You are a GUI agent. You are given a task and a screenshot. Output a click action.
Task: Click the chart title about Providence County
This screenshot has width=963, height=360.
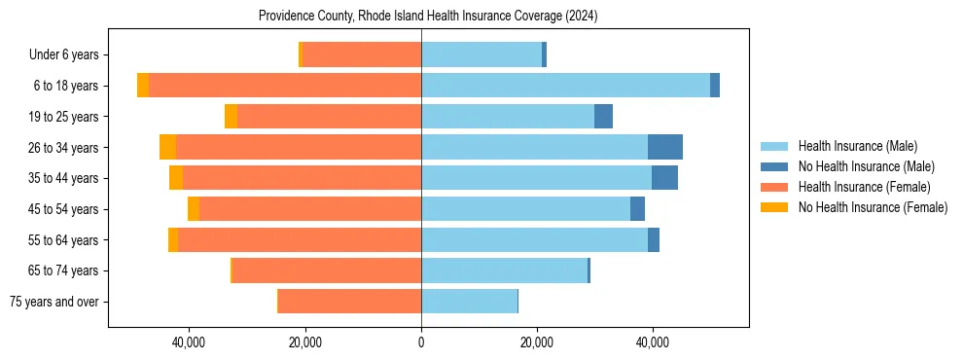click(428, 17)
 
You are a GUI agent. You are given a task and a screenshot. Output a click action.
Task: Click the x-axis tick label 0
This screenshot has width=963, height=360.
click(421, 342)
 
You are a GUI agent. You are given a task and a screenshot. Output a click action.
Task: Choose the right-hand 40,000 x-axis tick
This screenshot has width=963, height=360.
click(652, 342)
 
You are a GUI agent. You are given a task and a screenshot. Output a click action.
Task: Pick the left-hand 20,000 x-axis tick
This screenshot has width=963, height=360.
click(305, 342)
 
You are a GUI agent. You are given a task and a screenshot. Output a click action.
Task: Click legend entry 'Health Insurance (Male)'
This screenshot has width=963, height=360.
click(857, 146)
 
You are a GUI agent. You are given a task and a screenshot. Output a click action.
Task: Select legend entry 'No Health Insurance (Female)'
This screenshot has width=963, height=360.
click(873, 207)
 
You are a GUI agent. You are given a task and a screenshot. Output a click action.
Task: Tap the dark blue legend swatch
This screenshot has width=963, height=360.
click(774, 166)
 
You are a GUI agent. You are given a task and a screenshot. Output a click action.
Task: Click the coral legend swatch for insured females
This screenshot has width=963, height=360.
click(774, 187)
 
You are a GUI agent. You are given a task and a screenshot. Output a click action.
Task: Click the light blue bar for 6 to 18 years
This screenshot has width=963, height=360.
click(565, 86)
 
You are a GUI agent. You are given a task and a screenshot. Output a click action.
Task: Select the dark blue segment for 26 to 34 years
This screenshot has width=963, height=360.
click(665, 147)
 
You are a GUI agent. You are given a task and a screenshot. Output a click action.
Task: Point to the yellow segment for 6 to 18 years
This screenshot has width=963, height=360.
click(143, 86)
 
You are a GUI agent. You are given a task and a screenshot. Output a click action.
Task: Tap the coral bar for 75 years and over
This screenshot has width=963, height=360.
click(349, 301)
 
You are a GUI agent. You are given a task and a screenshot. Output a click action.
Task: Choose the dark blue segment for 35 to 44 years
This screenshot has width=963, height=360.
click(664, 178)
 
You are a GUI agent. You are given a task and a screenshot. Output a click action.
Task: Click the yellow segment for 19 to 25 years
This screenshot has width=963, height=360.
click(231, 116)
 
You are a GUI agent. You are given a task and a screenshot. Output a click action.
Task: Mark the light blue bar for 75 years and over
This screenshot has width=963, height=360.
click(469, 301)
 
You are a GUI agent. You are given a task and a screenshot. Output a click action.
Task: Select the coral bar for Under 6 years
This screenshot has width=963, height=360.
click(361, 54)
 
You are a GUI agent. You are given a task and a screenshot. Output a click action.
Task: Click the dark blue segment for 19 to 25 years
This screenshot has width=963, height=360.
click(603, 116)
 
